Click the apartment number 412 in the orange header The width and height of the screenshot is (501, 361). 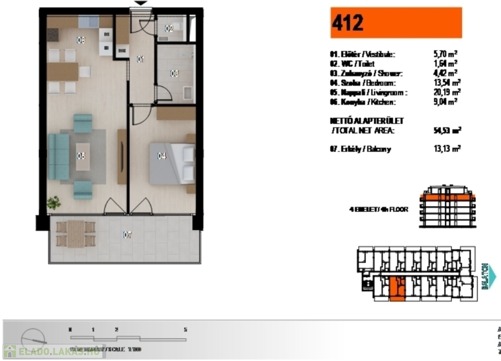pos(348,23)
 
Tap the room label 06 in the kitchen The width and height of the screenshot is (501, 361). pos(81,41)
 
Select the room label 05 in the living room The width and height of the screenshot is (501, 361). pos(81,156)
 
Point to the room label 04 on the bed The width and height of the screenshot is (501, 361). pos(162,156)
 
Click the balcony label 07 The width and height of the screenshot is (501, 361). pos(127,236)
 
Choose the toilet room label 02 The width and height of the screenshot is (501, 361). pos(169,29)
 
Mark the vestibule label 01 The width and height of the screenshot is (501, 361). pos(141,60)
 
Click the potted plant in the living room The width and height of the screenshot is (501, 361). pos(54,203)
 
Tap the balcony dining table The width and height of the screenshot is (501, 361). pos(75,234)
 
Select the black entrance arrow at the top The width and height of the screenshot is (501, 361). pos(141,3)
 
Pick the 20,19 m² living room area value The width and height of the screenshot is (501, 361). pos(442,92)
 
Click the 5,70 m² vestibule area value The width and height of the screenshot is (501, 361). pos(442,54)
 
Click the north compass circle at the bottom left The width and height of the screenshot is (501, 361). pos(34,338)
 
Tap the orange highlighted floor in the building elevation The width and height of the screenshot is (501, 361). pos(447,198)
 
